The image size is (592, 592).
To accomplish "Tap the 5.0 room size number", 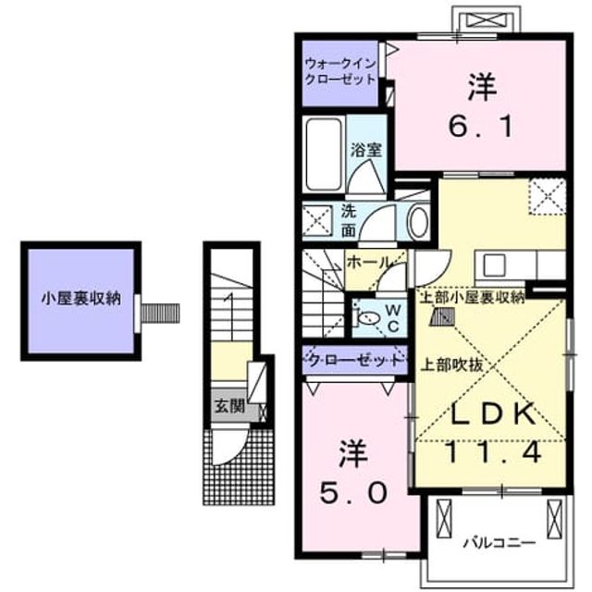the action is [x=353, y=493].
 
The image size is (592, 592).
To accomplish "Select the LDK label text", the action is [x=494, y=413].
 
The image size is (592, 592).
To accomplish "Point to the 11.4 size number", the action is [x=494, y=452].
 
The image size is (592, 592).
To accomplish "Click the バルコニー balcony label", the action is [x=499, y=543].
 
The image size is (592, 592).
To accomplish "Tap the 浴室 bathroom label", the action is [x=366, y=150].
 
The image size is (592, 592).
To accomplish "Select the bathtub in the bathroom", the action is [x=324, y=154].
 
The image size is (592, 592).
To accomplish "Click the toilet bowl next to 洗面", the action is [x=419, y=222].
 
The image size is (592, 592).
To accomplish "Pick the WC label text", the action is [x=393, y=318].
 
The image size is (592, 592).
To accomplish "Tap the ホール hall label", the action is [x=368, y=262].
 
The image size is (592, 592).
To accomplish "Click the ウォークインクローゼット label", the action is [x=340, y=71].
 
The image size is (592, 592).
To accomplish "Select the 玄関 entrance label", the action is [x=230, y=407].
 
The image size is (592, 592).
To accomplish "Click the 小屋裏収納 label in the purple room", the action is [x=81, y=298].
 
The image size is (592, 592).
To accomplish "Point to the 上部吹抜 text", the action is [x=452, y=364].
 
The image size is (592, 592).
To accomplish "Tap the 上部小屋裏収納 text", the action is [x=473, y=298].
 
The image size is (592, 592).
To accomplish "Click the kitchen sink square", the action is [x=494, y=265].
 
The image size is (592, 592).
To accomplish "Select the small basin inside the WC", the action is [x=369, y=318].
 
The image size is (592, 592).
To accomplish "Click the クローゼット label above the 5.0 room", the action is [x=355, y=361].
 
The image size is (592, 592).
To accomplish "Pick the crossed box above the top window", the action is [x=486, y=19].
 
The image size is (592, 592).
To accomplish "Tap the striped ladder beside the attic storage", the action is [x=160, y=313].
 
